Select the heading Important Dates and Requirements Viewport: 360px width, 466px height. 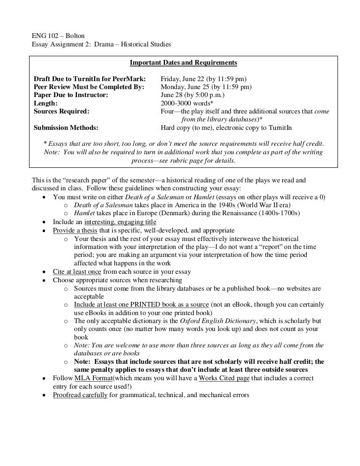click(x=183, y=62)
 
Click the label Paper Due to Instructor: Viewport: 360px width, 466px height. click(x=71, y=95)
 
